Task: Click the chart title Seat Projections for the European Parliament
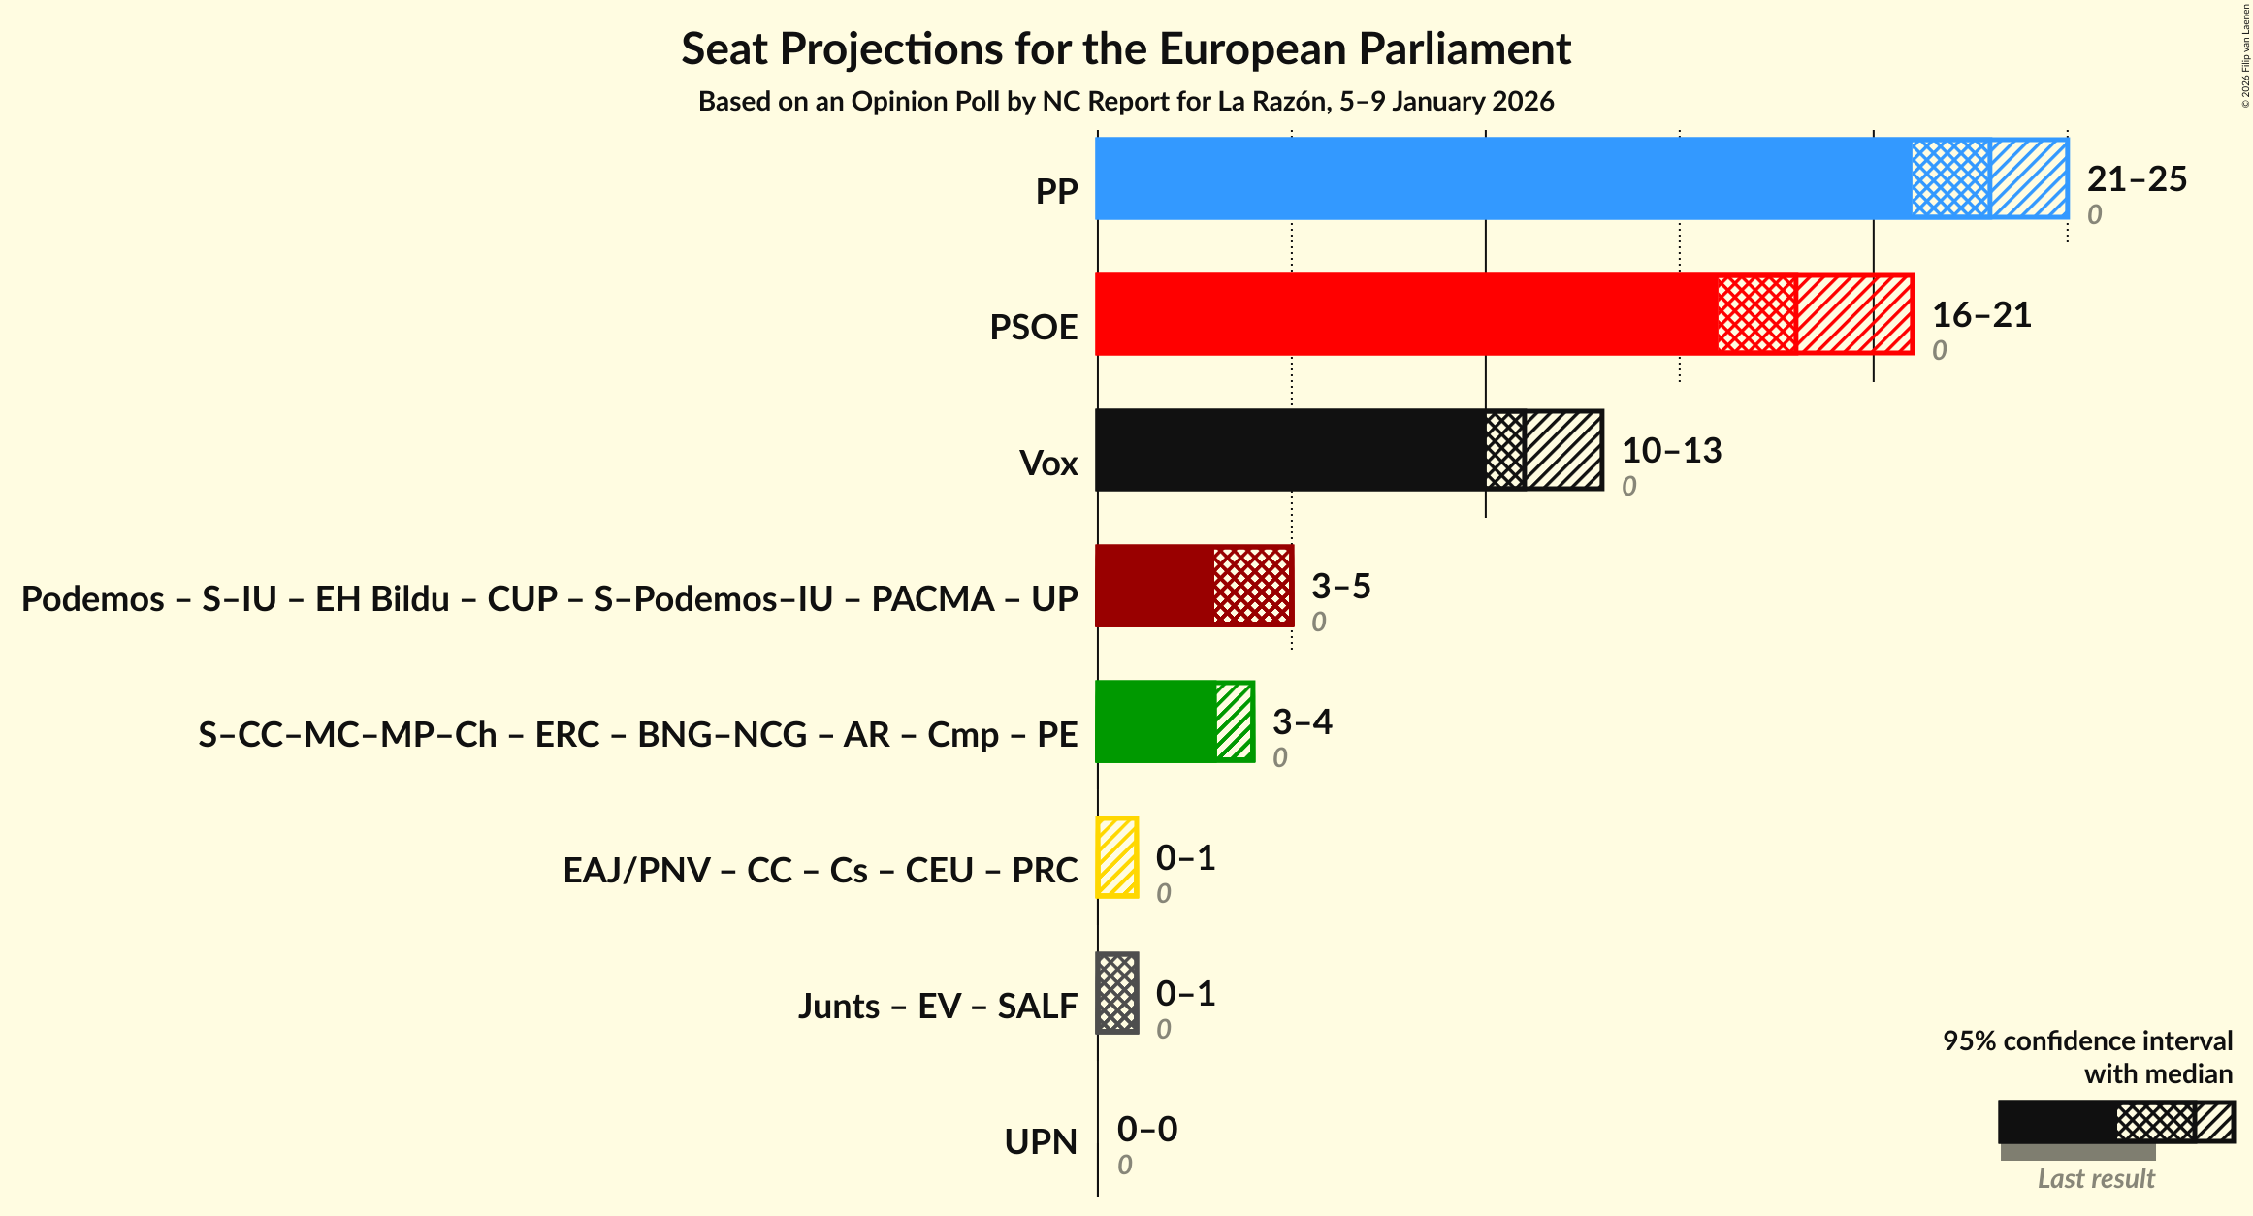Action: point(1125,48)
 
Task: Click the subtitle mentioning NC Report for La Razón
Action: point(1125,102)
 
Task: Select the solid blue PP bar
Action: point(1503,178)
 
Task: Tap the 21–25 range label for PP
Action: point(2137,179)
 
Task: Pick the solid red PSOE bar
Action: point(1406,314)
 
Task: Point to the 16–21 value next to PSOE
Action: point(1981,315)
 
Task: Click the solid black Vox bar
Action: point(1290,450)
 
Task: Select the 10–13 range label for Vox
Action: point(1671,451)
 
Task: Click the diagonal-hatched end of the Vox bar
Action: point(1563,450)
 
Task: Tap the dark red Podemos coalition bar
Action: point(1154,586)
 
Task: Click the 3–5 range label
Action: point(1340,587)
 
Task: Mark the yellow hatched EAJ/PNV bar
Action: point(1117,857)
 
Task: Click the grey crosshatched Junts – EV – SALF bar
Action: point(1117,993)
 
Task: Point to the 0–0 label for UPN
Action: point(1146,1130)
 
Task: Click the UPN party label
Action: point(1041,1142)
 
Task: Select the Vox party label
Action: point(1048,464)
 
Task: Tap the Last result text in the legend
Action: point(2095,1179)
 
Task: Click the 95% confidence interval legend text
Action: point(2087,1041)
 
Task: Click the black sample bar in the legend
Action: point(2056,1122)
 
